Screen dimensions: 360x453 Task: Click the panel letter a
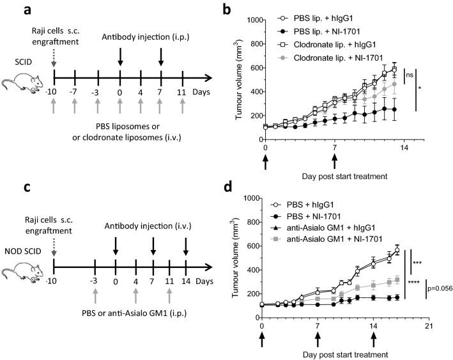[x=8, y=10]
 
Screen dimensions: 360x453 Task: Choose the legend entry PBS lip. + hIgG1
[x=333, y=17]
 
